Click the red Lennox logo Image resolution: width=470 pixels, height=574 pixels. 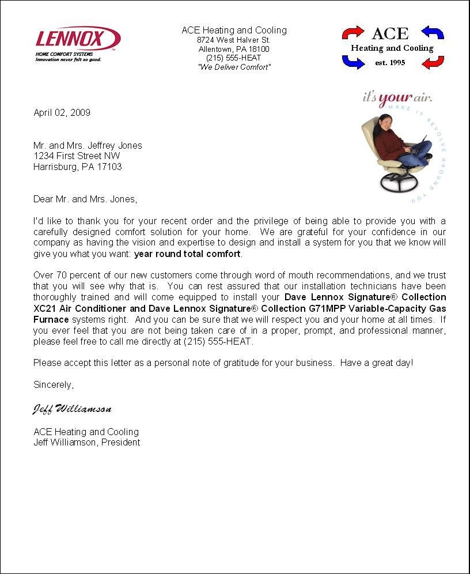pyautogui.click(x=77, y=39)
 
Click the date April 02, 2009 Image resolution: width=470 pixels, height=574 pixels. pyautogui.click(x=62, y=112)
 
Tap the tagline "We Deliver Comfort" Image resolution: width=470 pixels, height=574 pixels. pyautogui.click(x=234, y=67)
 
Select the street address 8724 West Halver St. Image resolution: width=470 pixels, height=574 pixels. pyautogui.click(x=233, y=40)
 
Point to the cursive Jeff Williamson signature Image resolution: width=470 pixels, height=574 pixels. pyautogui.click(x=71, y=409)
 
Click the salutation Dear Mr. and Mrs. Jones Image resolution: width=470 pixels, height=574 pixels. pyautogui.click(x=85, y=199)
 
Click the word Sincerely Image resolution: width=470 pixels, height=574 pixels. pyautogui.click(x=54, y=384)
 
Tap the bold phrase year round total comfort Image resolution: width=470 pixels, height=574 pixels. pyautogui.click(x=187, y=254)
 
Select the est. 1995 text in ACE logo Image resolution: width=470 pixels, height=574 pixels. pyautogui.click(x=390, y=63)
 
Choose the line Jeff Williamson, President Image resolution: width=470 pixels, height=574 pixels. pyautogui.click(x=86, y=443)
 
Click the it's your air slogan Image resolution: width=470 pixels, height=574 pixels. pyautogui.click(x=397, y=97)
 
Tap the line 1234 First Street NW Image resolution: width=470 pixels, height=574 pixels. pyautogui.click(x=77, y=156)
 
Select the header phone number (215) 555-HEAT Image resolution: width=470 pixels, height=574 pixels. pyautogui.click(x=233, y=58)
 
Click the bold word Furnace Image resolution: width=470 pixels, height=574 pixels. pyautogui.click(x=51, y=319)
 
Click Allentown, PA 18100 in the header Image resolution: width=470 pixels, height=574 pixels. pyautogui.click(x=233, y=49)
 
